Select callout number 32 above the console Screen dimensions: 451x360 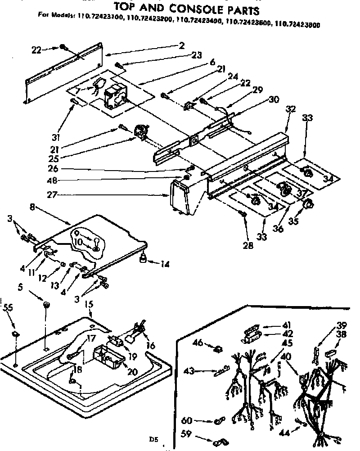coord(291,109)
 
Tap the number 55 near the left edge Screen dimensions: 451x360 coord(8,308)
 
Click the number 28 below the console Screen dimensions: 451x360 coord(247,245)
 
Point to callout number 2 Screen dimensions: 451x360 coord(181,45)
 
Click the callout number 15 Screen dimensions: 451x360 coord(89,305)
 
